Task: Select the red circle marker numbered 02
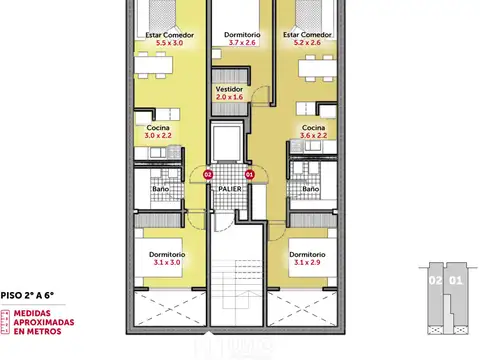(208, 174)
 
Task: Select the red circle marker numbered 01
(250, 174)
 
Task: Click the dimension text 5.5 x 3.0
(169, 44)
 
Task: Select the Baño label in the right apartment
(310, 188)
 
